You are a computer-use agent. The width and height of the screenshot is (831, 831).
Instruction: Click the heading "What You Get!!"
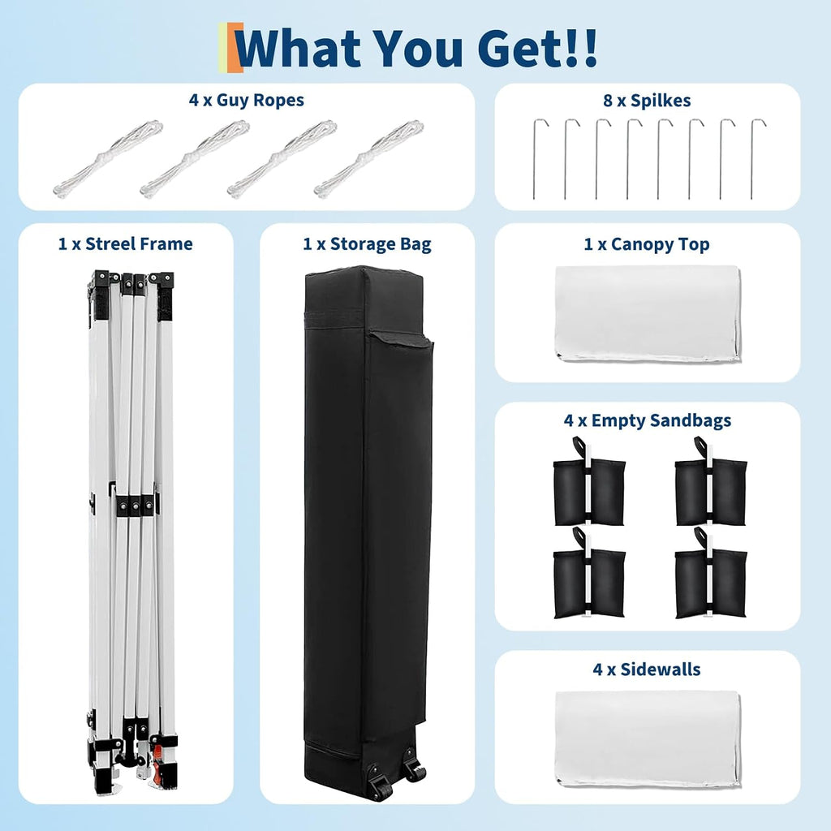tap(417, 48)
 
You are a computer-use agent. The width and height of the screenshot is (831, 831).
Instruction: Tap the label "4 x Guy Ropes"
tap(247, 100)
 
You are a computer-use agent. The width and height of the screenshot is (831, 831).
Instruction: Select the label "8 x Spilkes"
tap(647, 100)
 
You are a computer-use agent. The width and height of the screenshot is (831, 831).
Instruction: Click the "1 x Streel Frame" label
tap(126, 243)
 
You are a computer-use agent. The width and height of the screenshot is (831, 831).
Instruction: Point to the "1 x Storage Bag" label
tap(368, 243)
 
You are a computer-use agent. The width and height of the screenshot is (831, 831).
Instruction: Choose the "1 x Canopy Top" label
tap(647, 243)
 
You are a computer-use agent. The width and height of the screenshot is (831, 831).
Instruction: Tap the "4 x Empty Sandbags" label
tap(648, 420)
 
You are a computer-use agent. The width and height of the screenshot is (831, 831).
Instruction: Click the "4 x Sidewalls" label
tap(647, 670)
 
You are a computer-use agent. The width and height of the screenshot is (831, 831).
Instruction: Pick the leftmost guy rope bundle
tap(108, 157)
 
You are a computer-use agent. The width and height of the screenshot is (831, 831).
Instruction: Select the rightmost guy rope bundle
tap(369, 158)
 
